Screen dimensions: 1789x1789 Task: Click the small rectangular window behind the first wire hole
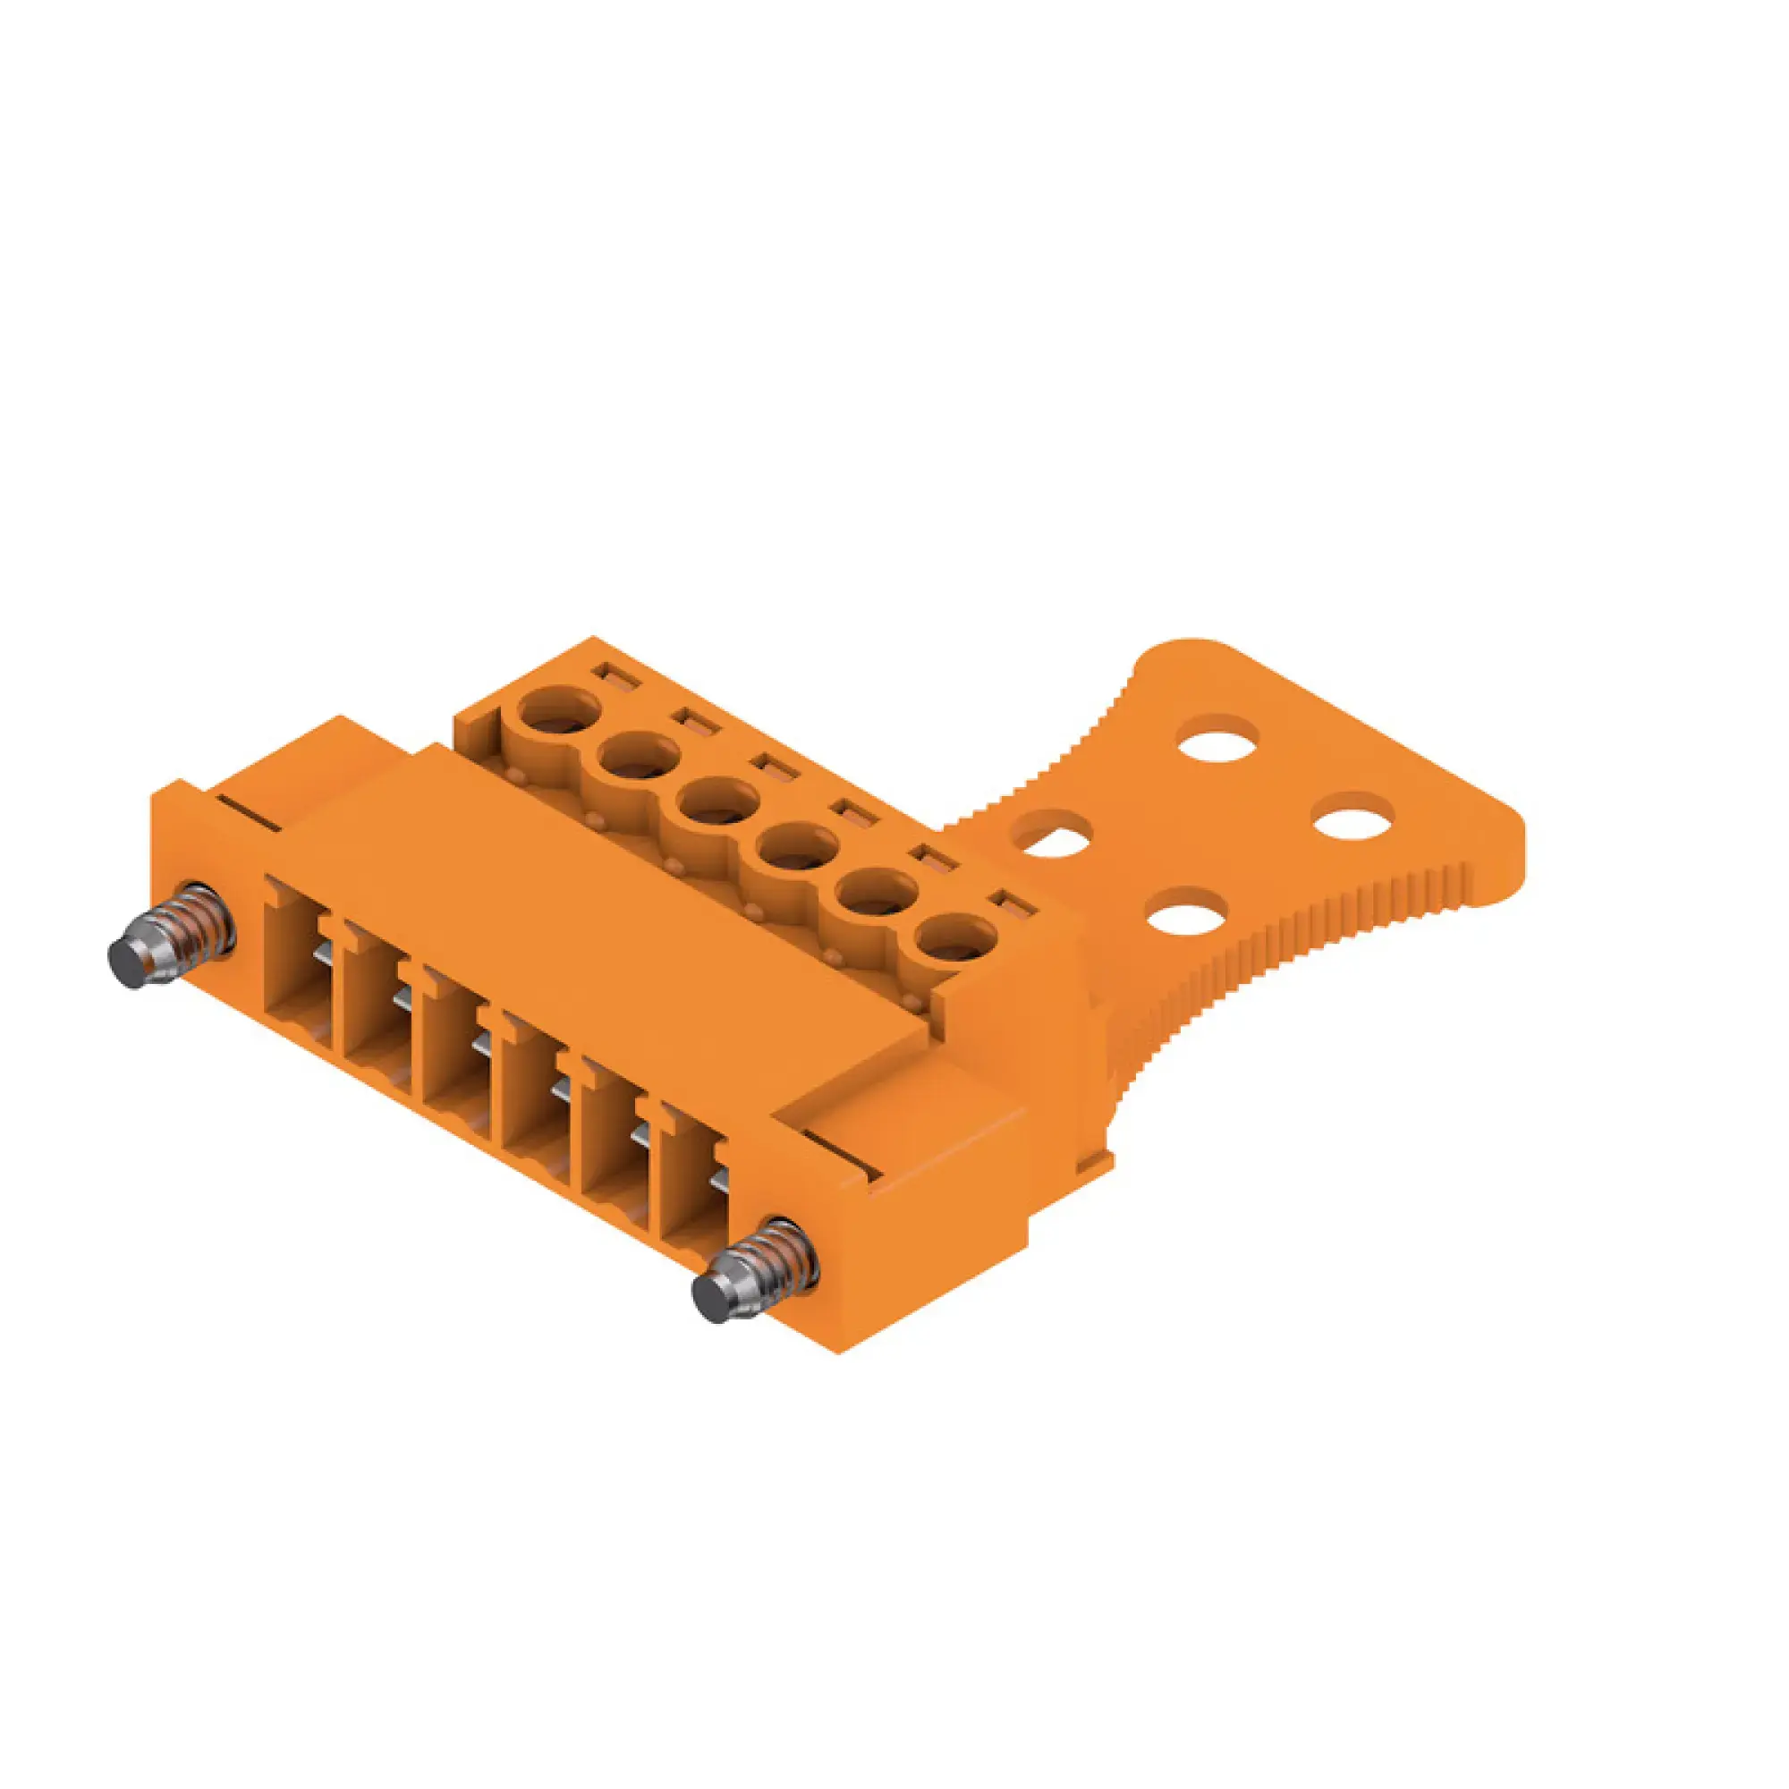[617, 676]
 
